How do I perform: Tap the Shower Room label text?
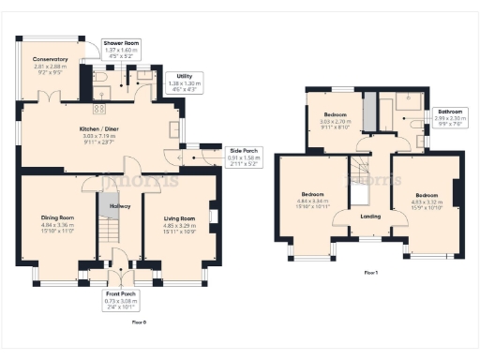click(121, 43)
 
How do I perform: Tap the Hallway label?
click(120, 205)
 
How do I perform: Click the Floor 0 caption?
click(139, 322)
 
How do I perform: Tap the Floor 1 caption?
click(371, 273)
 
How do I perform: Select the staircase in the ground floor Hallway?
click(111, 229)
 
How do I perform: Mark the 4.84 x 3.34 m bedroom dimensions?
click(314, 203)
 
